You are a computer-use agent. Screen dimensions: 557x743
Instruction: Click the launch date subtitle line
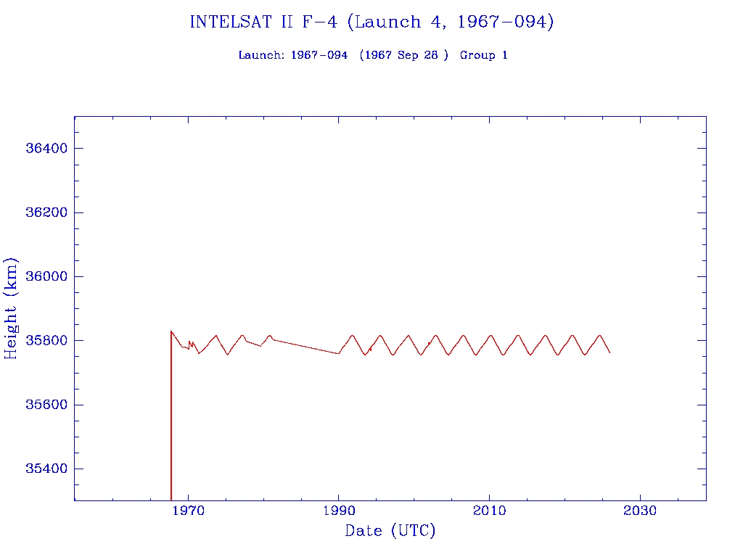(373, 55)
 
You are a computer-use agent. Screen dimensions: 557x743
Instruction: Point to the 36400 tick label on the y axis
(46, 149)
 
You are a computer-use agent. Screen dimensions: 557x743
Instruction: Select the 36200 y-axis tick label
(46, 213)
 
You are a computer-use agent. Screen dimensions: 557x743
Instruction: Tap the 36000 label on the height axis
(46, 276)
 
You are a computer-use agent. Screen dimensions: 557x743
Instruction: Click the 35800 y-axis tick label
(46, 341)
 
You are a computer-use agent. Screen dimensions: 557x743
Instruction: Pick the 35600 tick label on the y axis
(46, 405)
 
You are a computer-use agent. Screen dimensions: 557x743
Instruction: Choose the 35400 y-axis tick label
(46, 469)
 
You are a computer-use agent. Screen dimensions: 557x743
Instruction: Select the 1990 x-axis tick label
(339, 511)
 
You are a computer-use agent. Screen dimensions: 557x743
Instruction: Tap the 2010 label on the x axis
(489, 511)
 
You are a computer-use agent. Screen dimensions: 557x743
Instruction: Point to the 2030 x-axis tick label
(639, 511)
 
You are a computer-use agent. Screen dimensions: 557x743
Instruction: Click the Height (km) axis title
(12, 308)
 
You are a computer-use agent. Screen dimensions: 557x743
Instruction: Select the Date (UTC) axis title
(390, 531)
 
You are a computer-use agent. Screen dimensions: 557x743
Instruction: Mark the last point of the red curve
(609, 352)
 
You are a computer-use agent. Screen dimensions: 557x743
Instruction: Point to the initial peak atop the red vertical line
(171, 331)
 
